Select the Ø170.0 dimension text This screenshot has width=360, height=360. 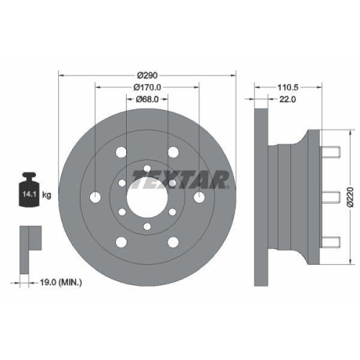pos(147,89)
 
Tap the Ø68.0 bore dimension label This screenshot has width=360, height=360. pos(147,102)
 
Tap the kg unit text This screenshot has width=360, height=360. pos(47,195)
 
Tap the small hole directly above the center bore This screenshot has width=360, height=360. pos(147,168)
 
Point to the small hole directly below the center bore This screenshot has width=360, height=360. pos(147,227)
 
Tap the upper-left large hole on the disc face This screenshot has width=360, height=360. pos(121,153)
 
